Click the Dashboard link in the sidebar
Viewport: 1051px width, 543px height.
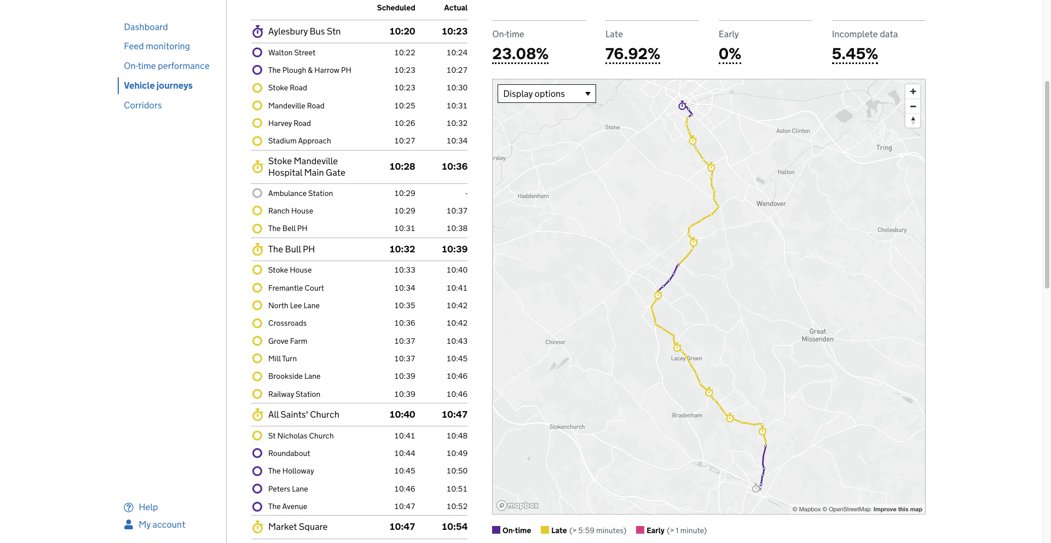[x=146, y=27]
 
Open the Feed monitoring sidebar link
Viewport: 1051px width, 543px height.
[x=157, y=47]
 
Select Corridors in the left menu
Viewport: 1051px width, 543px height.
[x=142, y=105]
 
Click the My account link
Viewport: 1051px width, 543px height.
[x=161, y=524]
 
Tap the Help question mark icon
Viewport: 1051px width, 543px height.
[x=129, y=507]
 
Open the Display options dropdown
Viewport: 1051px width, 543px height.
[x=546, y=94]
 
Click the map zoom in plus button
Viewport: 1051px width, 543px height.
[x=913, y=91]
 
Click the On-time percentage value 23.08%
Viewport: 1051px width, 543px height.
[x=520, y=54]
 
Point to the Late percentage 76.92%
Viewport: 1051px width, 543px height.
[x=632, y=54]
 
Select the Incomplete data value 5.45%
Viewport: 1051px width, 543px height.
[x=854, y=54]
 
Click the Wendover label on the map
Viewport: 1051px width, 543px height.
[x=771, y=204]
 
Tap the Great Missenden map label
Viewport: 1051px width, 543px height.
[x=817, y=335]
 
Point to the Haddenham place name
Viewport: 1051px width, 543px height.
[x=533, y=196]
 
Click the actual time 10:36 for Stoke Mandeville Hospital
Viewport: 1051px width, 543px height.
[x=454, y=166]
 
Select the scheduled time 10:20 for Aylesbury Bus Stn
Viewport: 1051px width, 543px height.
[x=402, y=31]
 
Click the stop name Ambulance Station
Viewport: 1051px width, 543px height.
[x=300, y=193]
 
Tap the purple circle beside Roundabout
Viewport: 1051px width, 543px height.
[x=257, y=453]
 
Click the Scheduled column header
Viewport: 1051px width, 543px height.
[x=396, y=8]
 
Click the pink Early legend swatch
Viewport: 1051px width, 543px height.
[x=639, y=530]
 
